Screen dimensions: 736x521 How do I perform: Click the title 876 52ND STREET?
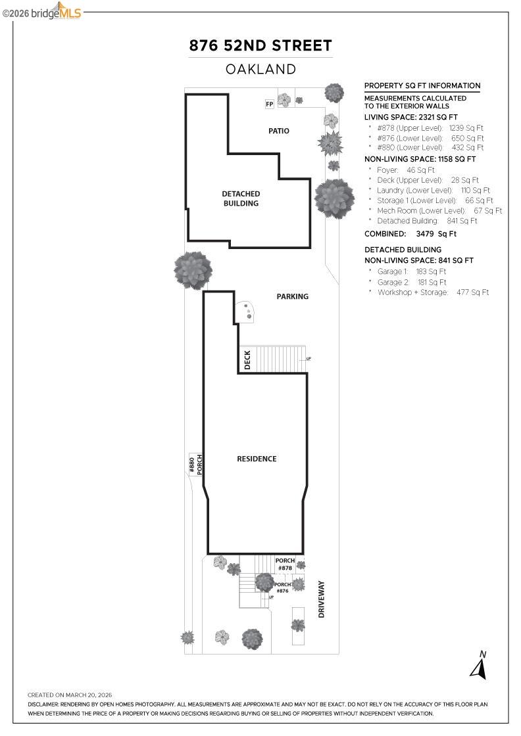click(260, 45)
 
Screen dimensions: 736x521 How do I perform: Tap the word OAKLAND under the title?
click(260, 69)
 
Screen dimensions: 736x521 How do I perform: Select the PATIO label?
click(278, 131)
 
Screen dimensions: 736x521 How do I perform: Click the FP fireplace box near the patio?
click(269, 104)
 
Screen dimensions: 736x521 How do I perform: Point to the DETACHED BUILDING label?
click(240, 198)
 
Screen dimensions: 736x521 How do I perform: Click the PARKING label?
click(292, 296)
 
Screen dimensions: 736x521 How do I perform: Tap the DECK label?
click(247, 359)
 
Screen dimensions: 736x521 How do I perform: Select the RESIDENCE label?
click(257, 459)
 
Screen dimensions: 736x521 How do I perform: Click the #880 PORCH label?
click(195, 465)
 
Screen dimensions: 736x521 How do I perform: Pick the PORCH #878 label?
click(285, 564)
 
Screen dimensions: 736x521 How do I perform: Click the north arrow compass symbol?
click(478, 665)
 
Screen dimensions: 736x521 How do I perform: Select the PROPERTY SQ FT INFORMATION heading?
click(422, 85)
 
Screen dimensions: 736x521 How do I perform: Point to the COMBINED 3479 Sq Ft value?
click(436, 233)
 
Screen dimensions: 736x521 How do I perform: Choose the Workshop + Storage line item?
click(433, 292)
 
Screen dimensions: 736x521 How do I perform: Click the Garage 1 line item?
click(411, 271)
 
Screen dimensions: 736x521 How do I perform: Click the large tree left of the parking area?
click(193, 269)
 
